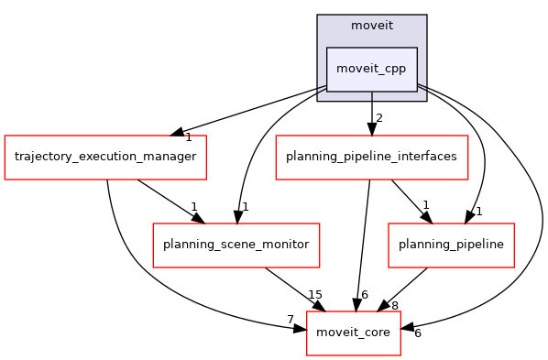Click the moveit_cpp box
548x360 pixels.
[372, 69]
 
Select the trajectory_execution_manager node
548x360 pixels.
[105, 157]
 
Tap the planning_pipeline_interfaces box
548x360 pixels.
[372, 157]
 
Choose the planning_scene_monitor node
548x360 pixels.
[236, 245]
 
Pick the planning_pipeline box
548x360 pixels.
[451, 245]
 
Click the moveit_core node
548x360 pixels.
[354, 333]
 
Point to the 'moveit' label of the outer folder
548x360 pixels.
[372, 25]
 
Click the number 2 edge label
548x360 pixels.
[378, 117]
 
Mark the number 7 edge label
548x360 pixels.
[290, 319]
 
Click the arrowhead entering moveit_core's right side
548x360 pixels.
[408, 327]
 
